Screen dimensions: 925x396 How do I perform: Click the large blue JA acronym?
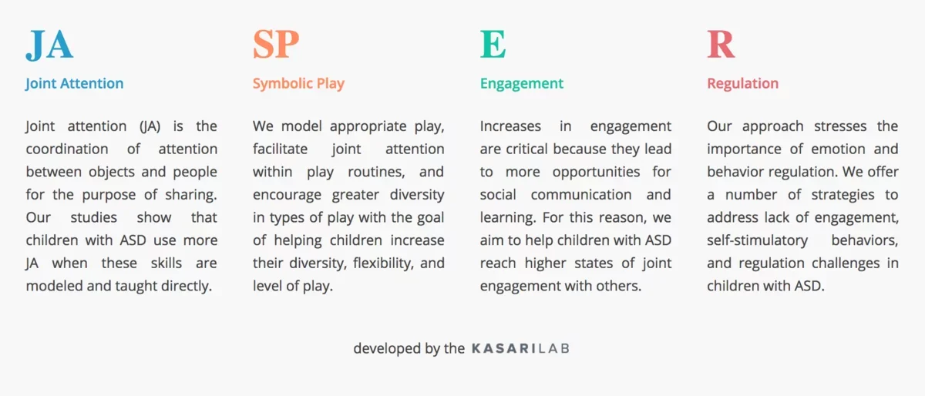click(x=49, y=45)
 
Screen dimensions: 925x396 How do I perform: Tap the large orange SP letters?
click(x=276, y=44)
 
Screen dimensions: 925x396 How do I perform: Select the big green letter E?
click(x=493, y=44)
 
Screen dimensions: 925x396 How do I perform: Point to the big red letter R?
click(x=721, y=44)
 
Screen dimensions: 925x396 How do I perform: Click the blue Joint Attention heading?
click(x=74, y=83)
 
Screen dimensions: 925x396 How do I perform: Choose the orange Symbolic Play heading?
click(x=298, y=84)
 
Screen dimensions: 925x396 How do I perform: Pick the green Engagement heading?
click(x=522, y=84)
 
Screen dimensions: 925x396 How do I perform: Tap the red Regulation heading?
click(x=743, y=84)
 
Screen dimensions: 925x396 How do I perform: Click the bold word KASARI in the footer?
click(x=503, y=348)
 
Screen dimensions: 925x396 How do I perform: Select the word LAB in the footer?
click(x=553, y=348)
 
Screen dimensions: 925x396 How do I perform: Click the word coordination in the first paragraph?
click(x=67, y=149)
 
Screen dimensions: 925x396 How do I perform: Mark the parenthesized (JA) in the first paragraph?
click(x=150, y=126)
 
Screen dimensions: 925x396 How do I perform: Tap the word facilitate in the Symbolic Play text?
click(x=280, y=149)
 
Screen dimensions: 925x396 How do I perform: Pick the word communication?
click(x=581, y=194)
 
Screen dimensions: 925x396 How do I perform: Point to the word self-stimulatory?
click(x=757, y=240)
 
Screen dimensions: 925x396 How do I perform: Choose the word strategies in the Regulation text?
click(x=843, y=195)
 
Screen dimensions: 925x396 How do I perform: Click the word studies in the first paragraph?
click(x=94, y=217)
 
